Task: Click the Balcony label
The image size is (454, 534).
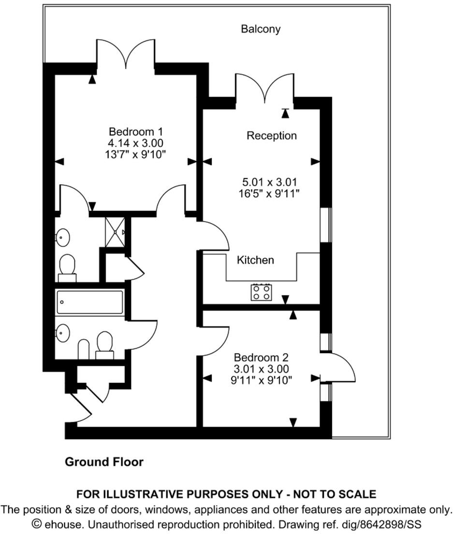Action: [261, 29]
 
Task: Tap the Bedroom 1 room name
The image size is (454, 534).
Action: [136, 132]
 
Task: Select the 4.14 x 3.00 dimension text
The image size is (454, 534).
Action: [136, 143]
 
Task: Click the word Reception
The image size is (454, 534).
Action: [271, 135]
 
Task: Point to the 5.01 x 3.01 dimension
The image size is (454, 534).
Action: [269, 182]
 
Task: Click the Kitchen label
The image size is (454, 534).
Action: [255, 260]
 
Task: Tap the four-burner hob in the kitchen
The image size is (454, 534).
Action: [261, 292]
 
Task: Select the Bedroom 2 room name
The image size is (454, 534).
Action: [261, 358]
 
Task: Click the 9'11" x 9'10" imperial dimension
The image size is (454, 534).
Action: [261, 380]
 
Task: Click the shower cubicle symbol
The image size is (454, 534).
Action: [115, 232]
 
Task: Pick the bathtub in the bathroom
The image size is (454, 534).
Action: [89, 302]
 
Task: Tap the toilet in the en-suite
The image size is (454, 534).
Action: [67, 267]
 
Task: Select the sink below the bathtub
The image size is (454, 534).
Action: [62, 333]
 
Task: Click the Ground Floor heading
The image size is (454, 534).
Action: [104, 462]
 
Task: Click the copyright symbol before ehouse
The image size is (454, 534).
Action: [37, 524]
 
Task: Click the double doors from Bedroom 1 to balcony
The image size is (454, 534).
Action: [126, 53]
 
